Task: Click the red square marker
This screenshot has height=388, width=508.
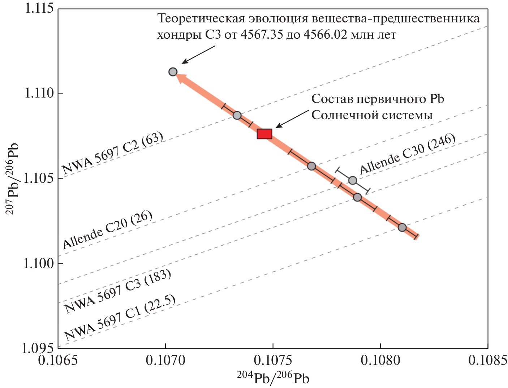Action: point(264,134)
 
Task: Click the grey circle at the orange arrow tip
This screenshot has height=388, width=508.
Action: point(173,72)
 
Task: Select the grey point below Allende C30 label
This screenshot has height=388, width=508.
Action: point(353,180)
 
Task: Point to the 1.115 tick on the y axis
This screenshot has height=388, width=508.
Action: point(39,8)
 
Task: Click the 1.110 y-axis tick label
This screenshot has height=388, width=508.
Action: point(39,94)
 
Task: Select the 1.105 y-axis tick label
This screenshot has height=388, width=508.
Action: point(39,178)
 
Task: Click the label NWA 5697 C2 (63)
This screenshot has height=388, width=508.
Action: point(113,154)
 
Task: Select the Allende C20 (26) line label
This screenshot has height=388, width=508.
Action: point(108,230)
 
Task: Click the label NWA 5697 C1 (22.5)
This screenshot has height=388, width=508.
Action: point(120,318)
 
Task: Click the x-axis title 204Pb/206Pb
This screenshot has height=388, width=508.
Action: point(273,378)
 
